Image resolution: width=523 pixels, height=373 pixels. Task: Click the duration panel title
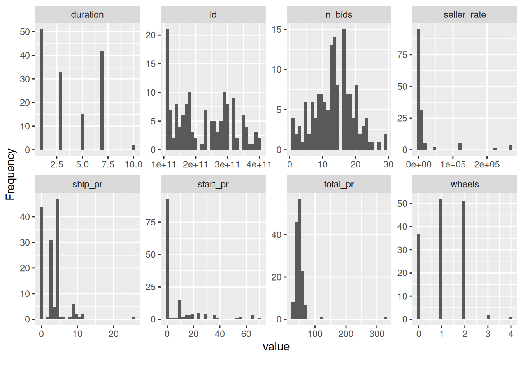point(87,15)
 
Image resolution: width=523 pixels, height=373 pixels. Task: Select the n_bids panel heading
point(339,15)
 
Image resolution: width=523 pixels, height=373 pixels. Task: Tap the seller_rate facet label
point(465,15)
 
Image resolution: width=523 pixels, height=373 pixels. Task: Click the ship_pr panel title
point(87,184)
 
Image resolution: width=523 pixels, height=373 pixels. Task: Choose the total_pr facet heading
point(339,184)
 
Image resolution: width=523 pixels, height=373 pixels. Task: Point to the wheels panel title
point(465,184)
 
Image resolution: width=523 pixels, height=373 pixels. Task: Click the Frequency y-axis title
point(10,174)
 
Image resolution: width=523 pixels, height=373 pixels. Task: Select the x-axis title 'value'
point(276,347)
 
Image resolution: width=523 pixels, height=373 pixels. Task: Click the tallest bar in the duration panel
point(41,89)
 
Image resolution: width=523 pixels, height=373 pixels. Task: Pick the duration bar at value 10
point(133,147)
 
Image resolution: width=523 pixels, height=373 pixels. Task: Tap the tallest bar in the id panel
point(167,89)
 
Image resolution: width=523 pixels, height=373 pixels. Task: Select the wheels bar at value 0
point(419,276)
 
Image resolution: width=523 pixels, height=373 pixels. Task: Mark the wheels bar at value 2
point(463,260)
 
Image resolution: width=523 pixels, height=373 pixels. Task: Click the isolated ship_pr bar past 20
point(133,318)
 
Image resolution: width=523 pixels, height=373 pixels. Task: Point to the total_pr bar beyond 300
point(385,318)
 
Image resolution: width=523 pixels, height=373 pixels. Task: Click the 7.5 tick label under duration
point(108,164)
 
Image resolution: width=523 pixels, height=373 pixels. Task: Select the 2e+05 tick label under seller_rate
point(487,164)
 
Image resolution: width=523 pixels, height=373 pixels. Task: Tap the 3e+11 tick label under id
point(227,164)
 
